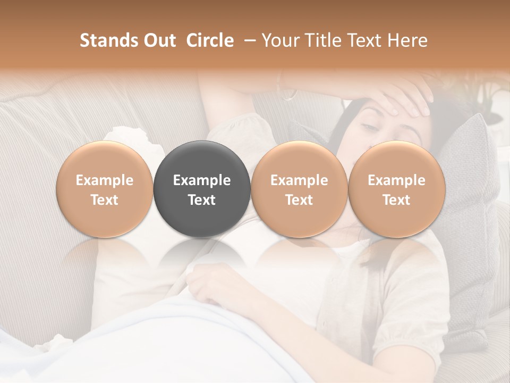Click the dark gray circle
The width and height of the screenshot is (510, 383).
click(202, 189)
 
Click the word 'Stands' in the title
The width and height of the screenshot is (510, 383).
click(104, 40)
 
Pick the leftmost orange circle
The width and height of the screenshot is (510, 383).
click(105, 189)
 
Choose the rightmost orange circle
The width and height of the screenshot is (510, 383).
click(396, 189)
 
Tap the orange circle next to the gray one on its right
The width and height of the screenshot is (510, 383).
click(299, 189)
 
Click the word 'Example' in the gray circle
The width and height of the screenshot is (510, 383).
click(202, 180)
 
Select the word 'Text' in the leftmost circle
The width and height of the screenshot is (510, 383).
click(105, 200)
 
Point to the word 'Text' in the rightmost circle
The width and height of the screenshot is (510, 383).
click(396, 200)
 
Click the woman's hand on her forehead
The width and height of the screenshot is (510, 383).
click(409, 98)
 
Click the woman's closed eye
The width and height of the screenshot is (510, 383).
click(369, 127)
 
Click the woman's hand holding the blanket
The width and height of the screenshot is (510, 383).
click(212, 285)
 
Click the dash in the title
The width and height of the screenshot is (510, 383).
click(248, 40)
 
